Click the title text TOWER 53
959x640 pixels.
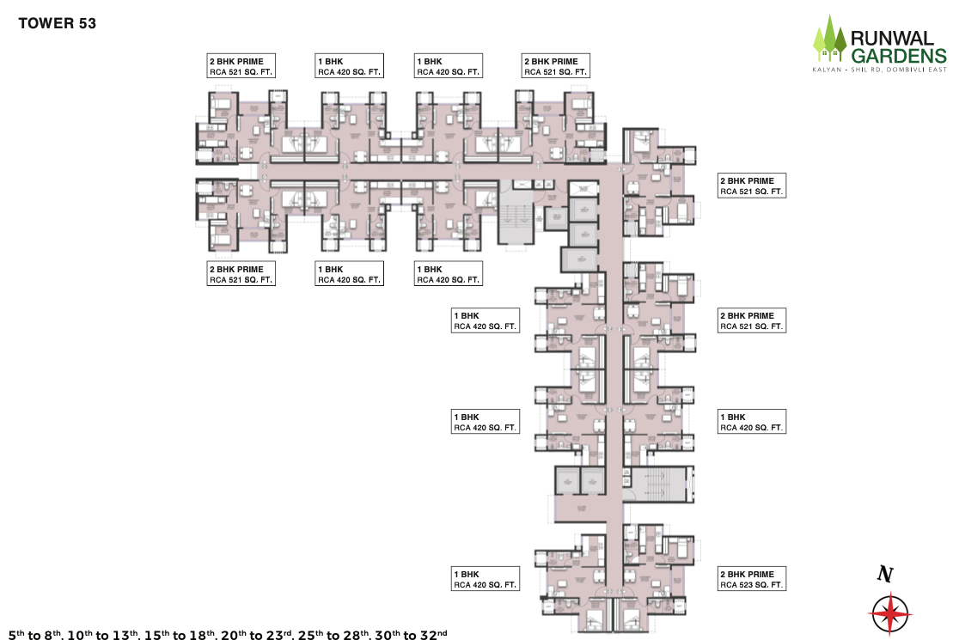tap(57, 24)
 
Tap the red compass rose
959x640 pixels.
tap(890, 613)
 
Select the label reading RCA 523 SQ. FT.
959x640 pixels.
tap(752, 585)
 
